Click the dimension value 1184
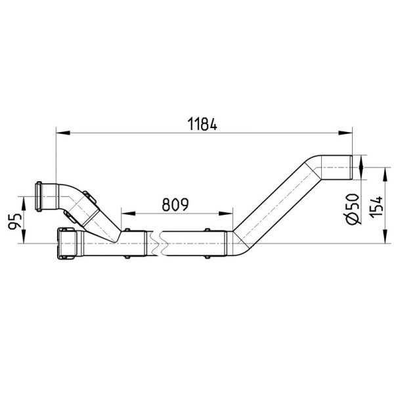tap(202, 124)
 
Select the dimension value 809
tap(175, 204)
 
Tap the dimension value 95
tap(14, 222)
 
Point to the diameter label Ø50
tap(353, 209)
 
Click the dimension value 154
tap(376, 207)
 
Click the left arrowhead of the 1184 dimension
tap(63, 133)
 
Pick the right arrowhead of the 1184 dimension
tap(345, 133)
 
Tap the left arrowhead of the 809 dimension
tap(128, 213)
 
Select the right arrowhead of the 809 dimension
tap(226, 213)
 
